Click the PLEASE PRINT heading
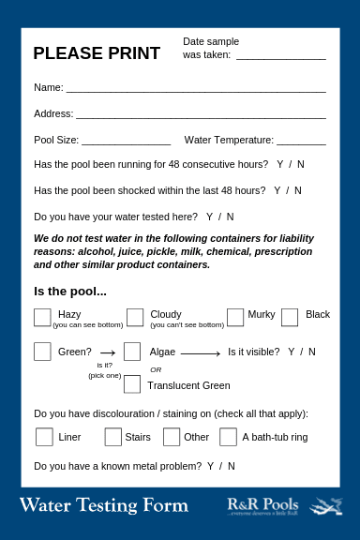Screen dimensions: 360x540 pos(97,53)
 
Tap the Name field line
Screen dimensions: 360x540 pos(195,90)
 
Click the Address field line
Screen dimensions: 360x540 pos(201,117)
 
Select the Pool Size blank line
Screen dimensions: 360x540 pos(126,143)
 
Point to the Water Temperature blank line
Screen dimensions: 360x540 pos(301,143)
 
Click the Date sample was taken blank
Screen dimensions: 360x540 pos(280,58)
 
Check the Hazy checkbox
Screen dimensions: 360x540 pos(42,317)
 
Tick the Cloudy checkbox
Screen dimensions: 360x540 pos(135,317)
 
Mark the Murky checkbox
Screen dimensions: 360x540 pos(235,317)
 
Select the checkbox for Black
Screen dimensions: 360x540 pos(290,317)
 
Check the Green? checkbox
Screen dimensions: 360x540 pos(42,352)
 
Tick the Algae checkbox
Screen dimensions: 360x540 pos(132,352)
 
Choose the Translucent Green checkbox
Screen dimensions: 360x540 pos(132,384)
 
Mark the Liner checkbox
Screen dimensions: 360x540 pos(44,437)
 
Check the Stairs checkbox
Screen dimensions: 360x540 pos(113,437)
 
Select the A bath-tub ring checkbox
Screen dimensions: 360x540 pos(228,437)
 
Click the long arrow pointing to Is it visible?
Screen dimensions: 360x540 pos(200,353)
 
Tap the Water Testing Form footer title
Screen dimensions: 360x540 pos(103,506)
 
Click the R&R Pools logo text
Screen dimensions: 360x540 pos(262,504)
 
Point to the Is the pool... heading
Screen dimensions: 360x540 pos(70,291)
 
